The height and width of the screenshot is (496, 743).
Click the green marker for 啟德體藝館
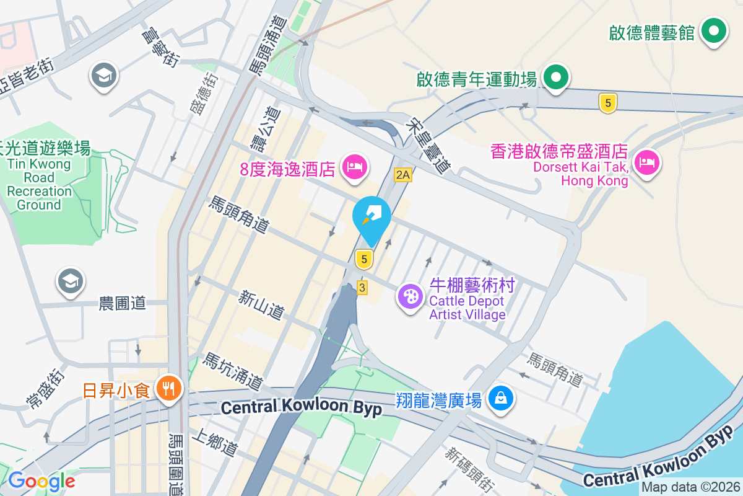tap(714, 32)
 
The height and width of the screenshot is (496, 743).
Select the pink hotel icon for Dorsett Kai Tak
tap(646, 164)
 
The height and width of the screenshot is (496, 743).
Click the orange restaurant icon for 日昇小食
tap(168, 390)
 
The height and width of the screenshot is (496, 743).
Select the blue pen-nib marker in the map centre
tap(371, 216)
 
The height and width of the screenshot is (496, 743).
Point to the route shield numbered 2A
tap(403, 175)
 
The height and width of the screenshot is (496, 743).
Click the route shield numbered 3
tap(362, 287)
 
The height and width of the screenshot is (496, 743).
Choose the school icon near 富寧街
tap(104, 76)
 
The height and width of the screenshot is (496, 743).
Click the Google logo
tap(41, 480)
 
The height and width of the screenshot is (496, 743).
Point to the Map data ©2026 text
tap(690, 487)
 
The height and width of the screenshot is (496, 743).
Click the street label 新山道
tap(261, 305)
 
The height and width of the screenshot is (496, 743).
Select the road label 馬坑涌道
tap(233, 371)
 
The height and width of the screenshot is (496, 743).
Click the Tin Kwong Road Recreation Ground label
tap(39, 176)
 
